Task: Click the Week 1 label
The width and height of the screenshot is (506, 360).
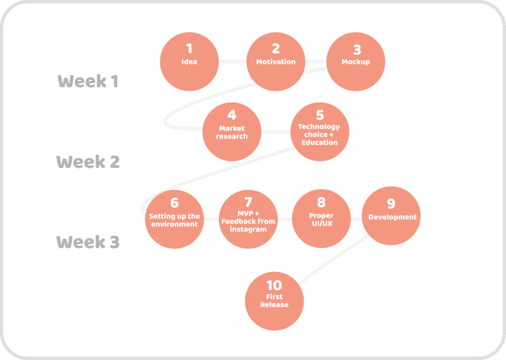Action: click(x=88, y=81)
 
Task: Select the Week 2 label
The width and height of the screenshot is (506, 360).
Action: click(x=88, y=162)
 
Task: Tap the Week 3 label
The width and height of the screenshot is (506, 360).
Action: click(x=88, y=242)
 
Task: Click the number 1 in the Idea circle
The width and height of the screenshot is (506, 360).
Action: click(x=189, y=48)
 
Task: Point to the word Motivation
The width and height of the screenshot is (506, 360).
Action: click(x=276, y=62)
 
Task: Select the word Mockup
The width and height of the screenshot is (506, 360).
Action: click(x=355, y=62)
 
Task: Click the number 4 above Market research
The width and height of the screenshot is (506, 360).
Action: click(x=232, y=114)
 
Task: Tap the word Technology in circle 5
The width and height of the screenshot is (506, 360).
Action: click(x=319, y=127)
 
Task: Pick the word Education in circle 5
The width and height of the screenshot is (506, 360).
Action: click(x=320, y=143)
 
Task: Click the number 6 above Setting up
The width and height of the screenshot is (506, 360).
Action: click(x=174, y=203)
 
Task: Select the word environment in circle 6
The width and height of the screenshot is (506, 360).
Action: click(x=174, y=224)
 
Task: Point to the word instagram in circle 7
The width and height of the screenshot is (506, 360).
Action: click(x=248, y=229)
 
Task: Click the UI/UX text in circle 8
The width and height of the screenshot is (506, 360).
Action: click(x=322, y=224)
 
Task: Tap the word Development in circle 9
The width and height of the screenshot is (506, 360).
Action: click(x=392, y=217)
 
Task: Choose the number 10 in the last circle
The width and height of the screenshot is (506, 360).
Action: click(x=274, y=285)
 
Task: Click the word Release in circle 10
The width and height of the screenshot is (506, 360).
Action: click(x=274, y=304)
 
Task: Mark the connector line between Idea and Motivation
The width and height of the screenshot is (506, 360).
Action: click(x=233, y=62)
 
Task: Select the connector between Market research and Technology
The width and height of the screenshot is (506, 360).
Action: click(x=276, y=132)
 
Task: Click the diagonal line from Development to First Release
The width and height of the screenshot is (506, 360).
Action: click(x=333, y=259)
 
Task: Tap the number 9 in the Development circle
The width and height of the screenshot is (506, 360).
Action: click(x=391, y=204)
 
